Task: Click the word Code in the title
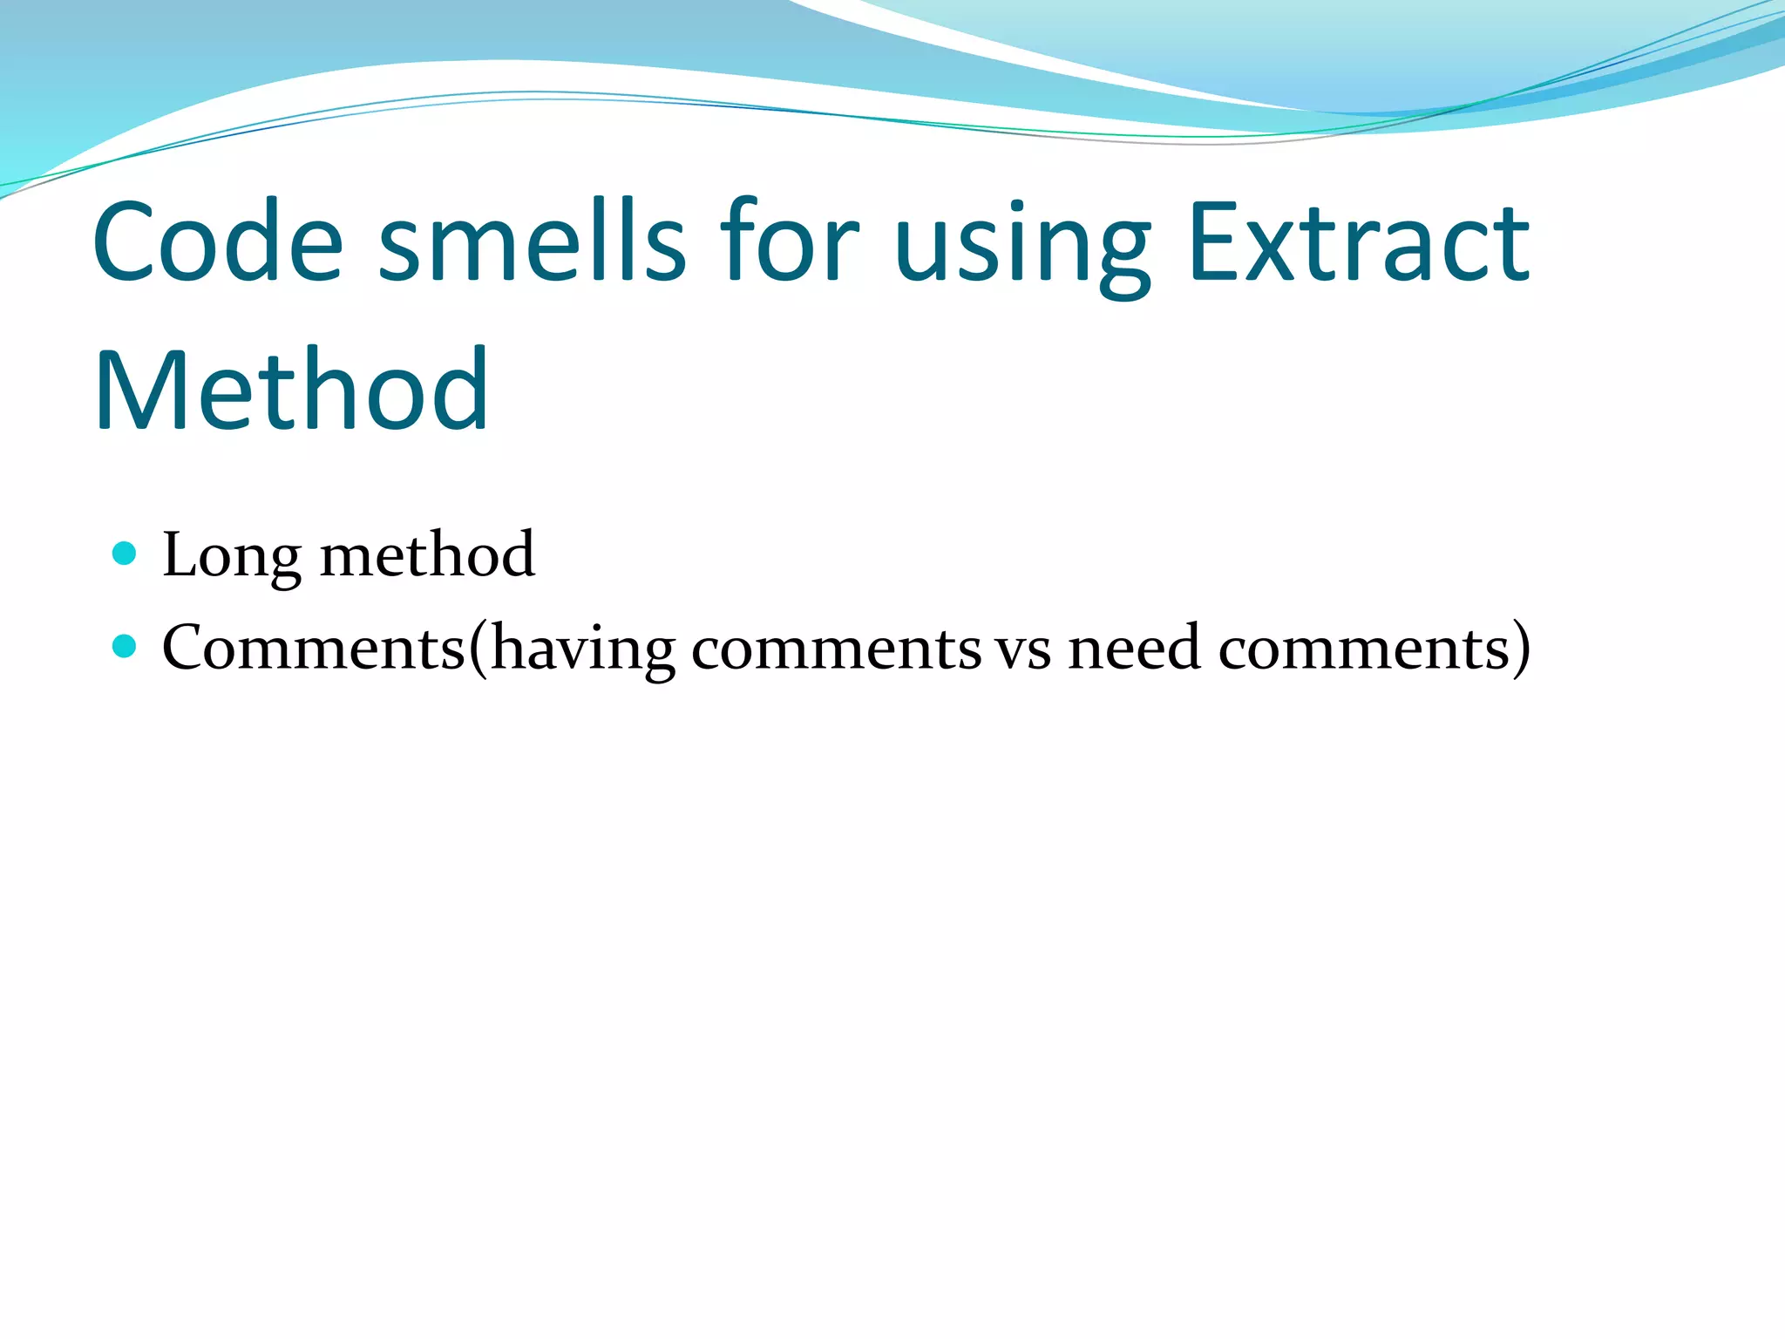coord(218,241)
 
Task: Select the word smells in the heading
coord(533,241)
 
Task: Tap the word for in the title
coord(790,241)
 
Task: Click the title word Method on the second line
coord(291,390)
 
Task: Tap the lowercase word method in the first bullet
coord(427,554)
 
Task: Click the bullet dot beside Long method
coord(126,553)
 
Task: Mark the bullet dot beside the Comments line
coord(126,646)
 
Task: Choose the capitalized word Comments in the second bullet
coord(314,648)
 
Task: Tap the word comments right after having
coord(837,650)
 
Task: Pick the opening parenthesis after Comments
coord(478,649)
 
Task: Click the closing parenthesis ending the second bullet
coord(1520,649)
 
